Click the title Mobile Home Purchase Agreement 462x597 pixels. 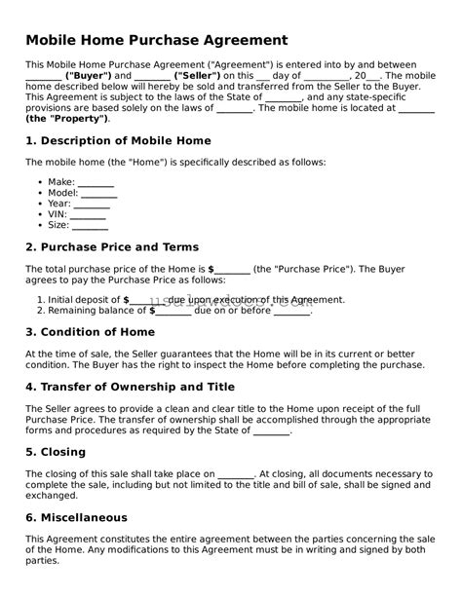click(x=156, y=40)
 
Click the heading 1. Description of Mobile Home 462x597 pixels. click(x=118, y=141)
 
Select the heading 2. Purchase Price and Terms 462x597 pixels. click(x=112, y=247)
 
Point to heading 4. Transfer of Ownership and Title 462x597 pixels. click(x=131, y=386)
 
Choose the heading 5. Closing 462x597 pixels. click(x=56, y=452)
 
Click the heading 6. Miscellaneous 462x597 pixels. click(x=76, y=518)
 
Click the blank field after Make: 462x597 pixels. click(x=96, y=183)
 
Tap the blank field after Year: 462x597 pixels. click(x=92, y=205)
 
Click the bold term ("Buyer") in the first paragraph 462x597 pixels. click(x=89, y=75)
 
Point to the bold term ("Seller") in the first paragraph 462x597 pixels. click(x=198, y=75)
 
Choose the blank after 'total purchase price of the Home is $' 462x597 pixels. click(x=232, y=269)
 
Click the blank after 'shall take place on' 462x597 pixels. click(x=236, y=474)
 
